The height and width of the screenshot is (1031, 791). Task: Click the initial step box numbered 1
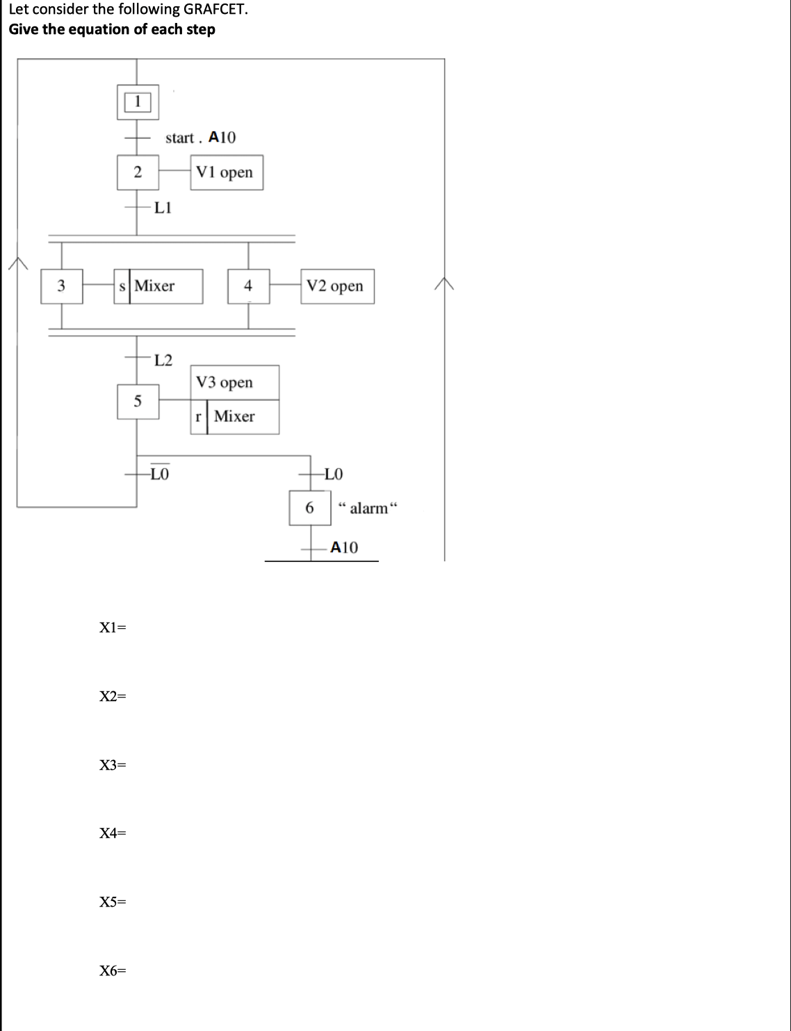pyautogui.click(x=137, y=101)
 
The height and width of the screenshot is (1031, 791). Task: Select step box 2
pyautogui.click(x=138, y=172)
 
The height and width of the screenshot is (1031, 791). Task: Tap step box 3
pyautogui.click(x=61, y=286)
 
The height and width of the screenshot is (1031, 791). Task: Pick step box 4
pyautogui.click(x=248, y=286)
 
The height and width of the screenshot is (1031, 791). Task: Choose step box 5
pyautogui.click(x=138, y=402)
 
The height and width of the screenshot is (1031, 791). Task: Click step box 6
pyautogui.click(x=310, y=508)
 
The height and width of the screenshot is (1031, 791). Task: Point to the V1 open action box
pyautogui.click(x=226, y=172)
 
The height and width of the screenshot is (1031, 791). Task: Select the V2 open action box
pyautogui.click(x=336, y=286)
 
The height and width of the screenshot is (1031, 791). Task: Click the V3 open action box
pyautogui.click(x=234, y=382)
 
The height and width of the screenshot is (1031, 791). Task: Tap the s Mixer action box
pyautogui.click(x=158, y=286)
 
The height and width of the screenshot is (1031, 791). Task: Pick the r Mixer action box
pyautogui.click(x=234, y=417)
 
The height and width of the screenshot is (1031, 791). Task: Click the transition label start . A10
pyautogui.click(x=200, y=138)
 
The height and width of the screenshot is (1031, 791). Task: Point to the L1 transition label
pyautogui.click(x=163, y=207)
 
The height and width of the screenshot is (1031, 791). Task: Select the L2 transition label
pyautogui.click(x=163, y=360)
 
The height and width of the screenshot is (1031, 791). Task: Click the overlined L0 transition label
pyautogui.click(x=160, y=475)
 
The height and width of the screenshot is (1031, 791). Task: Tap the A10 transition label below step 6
pyautogui.click(x=344, y=547)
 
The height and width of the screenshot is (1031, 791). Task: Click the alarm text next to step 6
pyautogui.click(x=368, y=508)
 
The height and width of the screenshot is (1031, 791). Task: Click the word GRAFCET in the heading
pyautogui.click(x=215, y=10)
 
